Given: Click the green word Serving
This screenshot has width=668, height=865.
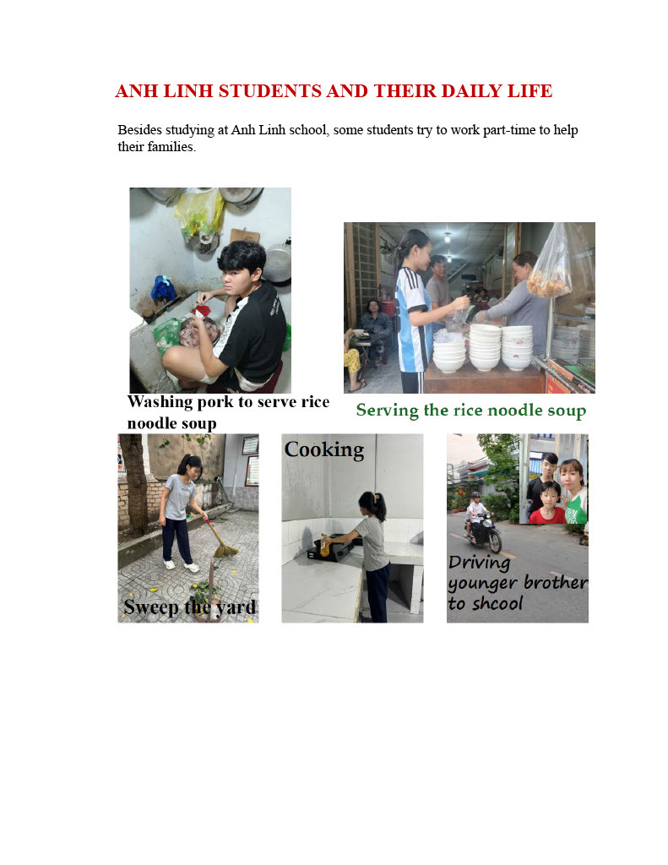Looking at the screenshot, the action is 388,410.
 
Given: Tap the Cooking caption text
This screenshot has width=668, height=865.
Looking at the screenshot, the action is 324,450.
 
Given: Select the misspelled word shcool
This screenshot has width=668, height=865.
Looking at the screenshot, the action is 497,603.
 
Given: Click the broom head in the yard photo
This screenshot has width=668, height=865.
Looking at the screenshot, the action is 225,549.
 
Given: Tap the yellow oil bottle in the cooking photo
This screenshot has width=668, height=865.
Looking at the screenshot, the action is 325,545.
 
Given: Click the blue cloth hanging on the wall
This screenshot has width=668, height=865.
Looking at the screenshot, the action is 163,288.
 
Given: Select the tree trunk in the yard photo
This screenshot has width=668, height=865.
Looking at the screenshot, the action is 134,486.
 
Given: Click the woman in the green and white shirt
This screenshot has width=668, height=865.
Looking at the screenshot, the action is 573,492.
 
